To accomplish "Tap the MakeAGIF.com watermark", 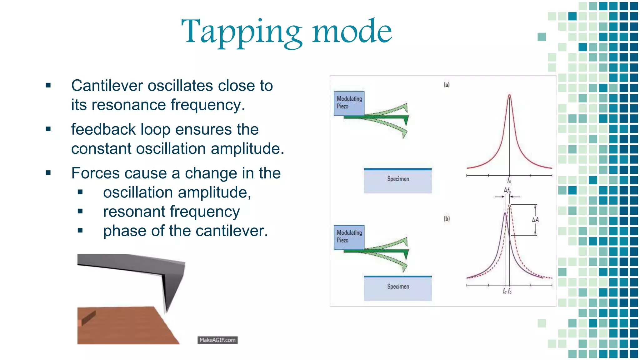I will (x=217, y=340).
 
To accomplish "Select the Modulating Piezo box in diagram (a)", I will (x=349, y=103).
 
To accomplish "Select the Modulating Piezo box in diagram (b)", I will (x=349, y=237).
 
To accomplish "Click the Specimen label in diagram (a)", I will (x=398, y=179).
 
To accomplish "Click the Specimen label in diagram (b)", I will (x=398, y=287).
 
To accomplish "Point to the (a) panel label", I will (x=447, y=85).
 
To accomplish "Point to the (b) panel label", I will (x=447, y=219).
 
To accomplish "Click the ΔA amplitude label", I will (x=535, y=220).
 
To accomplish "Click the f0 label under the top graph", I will (x=509, y=181).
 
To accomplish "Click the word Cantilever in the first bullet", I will (x=107, y=86).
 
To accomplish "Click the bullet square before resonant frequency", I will (x=80, y=211).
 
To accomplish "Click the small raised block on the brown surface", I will (x=88, y=318).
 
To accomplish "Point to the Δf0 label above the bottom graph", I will (x=507, y=190).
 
